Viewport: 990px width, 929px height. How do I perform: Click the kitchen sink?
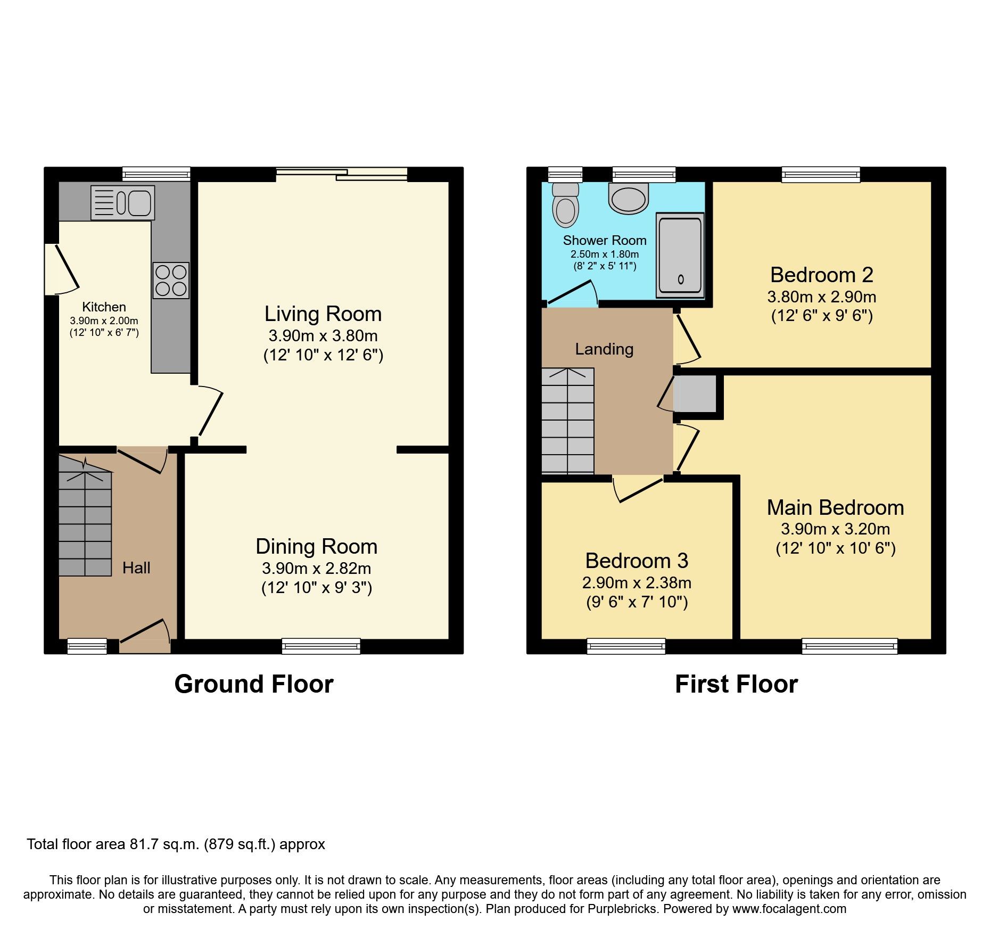123,202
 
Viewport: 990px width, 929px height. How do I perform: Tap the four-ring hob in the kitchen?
171,281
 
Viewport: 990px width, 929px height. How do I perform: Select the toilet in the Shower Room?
565,205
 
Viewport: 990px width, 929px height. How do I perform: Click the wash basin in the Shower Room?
629,199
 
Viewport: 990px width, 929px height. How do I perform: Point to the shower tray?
680,255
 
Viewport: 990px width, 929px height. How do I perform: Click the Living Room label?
323,314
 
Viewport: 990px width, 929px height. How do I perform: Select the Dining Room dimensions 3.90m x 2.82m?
316,569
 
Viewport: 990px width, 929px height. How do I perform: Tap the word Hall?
136,568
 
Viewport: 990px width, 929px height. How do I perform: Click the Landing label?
604,349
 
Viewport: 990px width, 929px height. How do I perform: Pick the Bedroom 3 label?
637,561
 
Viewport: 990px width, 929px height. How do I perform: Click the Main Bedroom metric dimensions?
835,529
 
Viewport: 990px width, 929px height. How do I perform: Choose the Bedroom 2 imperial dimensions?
822,316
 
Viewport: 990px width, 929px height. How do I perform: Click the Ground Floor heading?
254,684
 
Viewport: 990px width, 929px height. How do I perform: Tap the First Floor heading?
736,684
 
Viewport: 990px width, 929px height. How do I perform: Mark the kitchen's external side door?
60,269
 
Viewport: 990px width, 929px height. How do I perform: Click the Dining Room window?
321,646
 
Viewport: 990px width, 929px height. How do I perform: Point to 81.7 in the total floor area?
145,844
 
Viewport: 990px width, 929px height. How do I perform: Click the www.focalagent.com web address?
789,909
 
